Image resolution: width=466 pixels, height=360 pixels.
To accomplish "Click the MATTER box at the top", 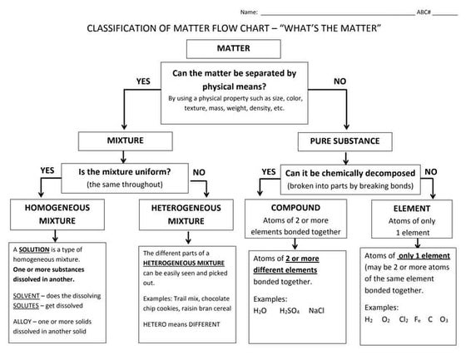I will [x=233, y=49].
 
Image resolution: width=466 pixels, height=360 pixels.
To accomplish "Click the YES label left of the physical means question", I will [x=143, y=81].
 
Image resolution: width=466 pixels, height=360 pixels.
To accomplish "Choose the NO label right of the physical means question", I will [x=340, y=81].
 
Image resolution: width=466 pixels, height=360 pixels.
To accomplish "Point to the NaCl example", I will [x=317, y=310].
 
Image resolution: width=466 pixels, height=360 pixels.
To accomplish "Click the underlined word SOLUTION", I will [x=36, y=249].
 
